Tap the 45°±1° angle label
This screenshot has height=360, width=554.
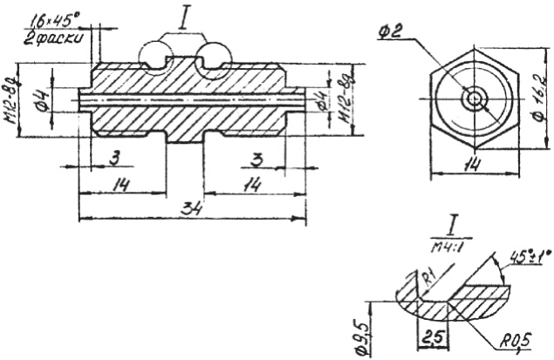point(523,259)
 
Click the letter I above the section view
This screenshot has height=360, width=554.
point(184,16)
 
